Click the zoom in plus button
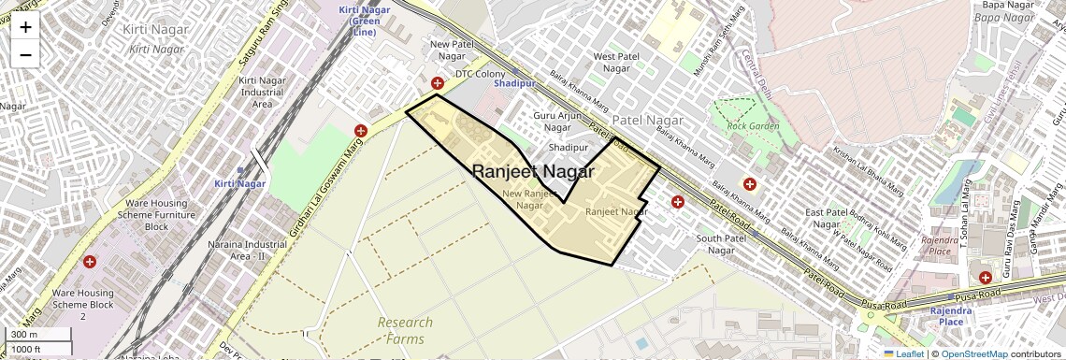tap(25, 27)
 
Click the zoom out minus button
tap(25, 55)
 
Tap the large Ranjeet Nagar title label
tap(533, 172)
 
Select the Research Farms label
tap(405, 331)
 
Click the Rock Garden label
tap(752, 125)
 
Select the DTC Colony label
tap(480, 73)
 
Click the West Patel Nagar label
tap(616, 62)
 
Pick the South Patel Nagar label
tap(720, 243)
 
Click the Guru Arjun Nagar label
tap(552, 121)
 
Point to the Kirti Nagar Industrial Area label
tap(262, 93)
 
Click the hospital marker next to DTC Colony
tap(437, 83)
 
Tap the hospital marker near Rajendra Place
tap(986, 278)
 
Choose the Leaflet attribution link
tap(904, 353)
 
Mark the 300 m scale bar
tap(37, 335)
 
